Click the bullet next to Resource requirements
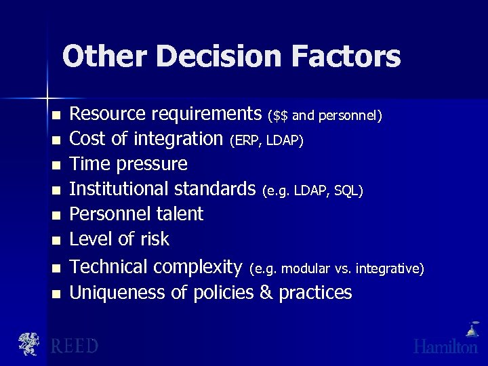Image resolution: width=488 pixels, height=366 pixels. (x=57, y=115)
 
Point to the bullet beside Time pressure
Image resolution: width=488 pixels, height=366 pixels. (x=57, y=165)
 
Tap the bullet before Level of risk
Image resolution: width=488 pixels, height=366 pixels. (x=57, y=240)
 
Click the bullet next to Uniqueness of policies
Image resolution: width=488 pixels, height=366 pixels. (x=57, y=293)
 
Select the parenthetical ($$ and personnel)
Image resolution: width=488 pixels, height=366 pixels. (x=325, y=116)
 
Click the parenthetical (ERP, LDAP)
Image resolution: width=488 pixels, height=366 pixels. (x=266, y=141)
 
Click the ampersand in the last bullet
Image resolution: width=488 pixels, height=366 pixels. (x=266, y=293)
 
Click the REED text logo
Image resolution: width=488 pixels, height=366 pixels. (x=74, y=346)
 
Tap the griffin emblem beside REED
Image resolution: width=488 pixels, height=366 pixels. (x=29, y=344)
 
